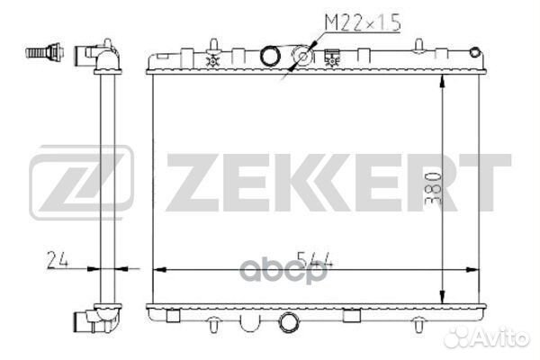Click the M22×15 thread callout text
(363, 23)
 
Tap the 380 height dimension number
(433, 189)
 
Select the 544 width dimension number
(315, 260)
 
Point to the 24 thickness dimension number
(58, 259)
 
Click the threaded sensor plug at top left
(45, 52)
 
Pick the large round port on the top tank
(270, 56)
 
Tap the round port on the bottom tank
(288, 322)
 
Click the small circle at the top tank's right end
(475, 52)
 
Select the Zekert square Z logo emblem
(81, 182)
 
